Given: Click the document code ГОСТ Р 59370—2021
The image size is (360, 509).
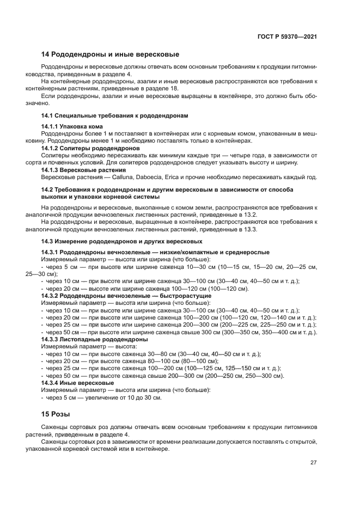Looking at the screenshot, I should click(287, 36).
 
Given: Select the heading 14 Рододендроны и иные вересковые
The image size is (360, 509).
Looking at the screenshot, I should click(111, 54).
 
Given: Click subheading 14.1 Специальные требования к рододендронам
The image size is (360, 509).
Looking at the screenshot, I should click(115, 116).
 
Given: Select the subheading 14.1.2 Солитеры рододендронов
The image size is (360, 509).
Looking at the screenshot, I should click(91, 148).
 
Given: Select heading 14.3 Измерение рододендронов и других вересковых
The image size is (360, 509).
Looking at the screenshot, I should click(122, 241).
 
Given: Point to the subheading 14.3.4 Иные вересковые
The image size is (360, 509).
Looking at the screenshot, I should click(78, 383).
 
